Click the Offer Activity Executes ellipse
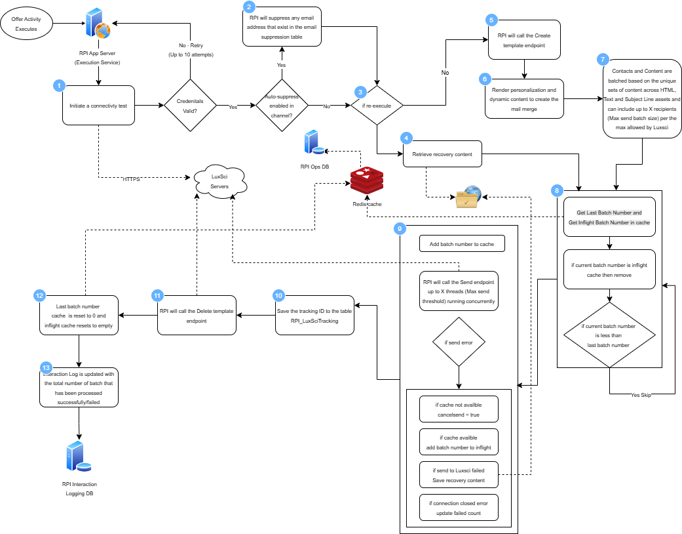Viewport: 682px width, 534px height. tap(27, 24)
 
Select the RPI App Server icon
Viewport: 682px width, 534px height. tap(98, 25)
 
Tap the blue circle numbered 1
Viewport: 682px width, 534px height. tap(59, 86)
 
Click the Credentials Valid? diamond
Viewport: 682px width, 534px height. tap(190, 106)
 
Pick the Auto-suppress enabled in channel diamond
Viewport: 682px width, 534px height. tap(281, 106)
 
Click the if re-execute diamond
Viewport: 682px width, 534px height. tap(377, 105)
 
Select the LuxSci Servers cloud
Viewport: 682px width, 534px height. tap(220, 181)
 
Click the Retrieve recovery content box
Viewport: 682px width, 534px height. tap(442, 154)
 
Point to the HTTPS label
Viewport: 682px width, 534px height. tap(131, 179)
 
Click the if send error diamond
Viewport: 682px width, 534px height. tap(459, 342)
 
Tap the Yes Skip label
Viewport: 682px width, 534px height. tap(641, 396)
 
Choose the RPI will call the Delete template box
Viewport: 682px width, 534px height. tap(197, 316)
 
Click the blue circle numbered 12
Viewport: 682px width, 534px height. tap(40, 296)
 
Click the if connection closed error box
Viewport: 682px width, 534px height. tap(459, 508)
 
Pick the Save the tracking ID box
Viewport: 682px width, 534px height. tap(314, 316)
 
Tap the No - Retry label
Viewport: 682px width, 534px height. tap(191, 50)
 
